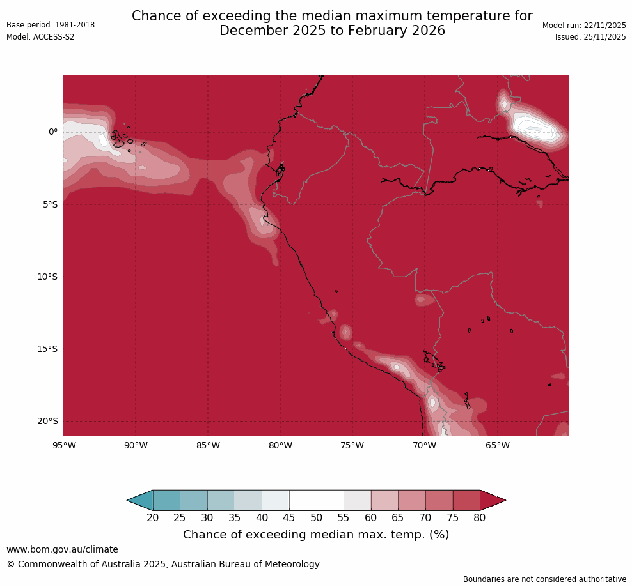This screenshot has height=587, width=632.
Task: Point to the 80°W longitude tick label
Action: point(280,445)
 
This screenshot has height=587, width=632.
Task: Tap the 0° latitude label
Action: point(53,132)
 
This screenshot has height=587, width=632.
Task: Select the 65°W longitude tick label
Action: point(497,445)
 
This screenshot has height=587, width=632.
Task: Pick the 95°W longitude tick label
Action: point(63,445)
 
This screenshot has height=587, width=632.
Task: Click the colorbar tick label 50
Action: point(317,518)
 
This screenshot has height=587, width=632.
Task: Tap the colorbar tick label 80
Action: point(480,518)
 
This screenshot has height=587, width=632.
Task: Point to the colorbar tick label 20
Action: point(153,518)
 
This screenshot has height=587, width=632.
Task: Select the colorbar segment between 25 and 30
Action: point(194,500)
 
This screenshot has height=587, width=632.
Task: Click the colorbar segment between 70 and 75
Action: point(439,500)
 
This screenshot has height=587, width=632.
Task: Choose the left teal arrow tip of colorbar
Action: point(131,500)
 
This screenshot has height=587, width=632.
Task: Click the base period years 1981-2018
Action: point(75,25)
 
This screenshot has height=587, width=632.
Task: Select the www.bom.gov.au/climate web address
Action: point(62,549)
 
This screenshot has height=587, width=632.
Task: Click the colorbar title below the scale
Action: point(316,535)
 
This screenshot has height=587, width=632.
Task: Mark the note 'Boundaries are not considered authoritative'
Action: point(544,579)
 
